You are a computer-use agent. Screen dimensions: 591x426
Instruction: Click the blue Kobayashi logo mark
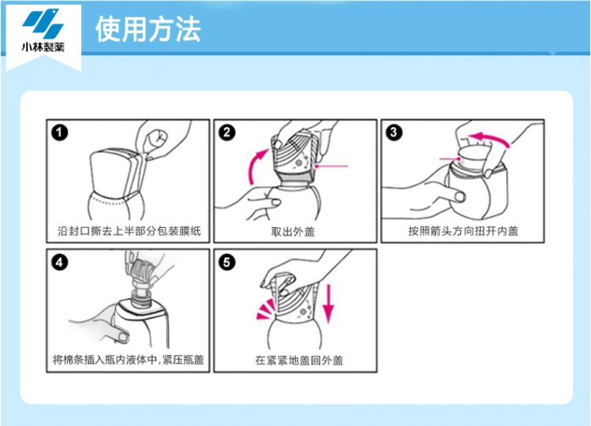click(x=43, y=24)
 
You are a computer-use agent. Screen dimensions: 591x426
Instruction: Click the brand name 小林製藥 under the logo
click(x=43, y=47)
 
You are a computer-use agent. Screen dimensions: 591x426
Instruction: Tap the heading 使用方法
click(x=148, y=29)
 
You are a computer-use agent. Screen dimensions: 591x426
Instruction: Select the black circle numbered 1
click(x=60, y=133)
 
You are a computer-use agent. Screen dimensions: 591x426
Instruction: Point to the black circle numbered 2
click(x=227, y=133)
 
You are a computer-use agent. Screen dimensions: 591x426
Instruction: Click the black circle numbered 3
click(x=394, y=133)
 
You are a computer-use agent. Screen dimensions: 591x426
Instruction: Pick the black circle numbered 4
click(x=60, y=262)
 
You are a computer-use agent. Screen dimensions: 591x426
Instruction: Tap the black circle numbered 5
click(x=227, y=262)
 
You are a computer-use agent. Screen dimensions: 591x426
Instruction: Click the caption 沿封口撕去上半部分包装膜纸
click(x=129, y=230)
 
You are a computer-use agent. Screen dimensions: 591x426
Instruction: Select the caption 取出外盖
click(x=293, y=231)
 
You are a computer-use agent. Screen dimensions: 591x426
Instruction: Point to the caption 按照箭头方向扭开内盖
click(x=463, y=230)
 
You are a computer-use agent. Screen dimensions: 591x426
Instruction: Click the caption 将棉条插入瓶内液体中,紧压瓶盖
click(x=128, y=360)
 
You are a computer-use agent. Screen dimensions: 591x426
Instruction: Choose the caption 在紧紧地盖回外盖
click(x=299, y=361)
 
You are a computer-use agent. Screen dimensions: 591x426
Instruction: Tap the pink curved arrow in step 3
click(x=490, y=138)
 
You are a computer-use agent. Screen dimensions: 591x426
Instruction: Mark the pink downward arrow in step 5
click(x=329, y=304)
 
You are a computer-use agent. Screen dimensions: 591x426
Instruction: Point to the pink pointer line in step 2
click(x=331, y=166)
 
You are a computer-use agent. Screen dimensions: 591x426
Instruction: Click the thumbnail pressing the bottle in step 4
click(x=121, y=336)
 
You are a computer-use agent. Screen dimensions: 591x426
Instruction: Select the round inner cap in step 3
click(x=472, y=159)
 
